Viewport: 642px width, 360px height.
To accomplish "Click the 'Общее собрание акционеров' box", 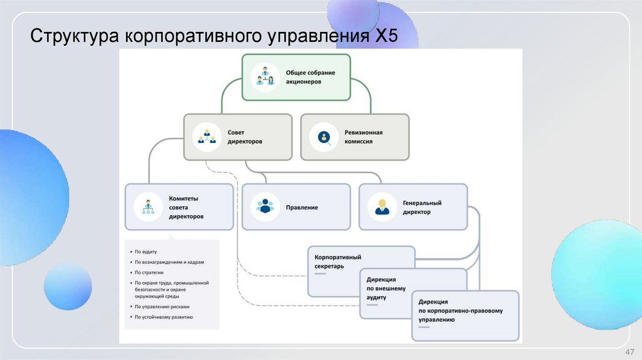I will (x=297, y=77).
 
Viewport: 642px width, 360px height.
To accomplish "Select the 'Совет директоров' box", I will (x=238, y=137).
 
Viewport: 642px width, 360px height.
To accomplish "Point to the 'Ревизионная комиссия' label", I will (x=363, y=137).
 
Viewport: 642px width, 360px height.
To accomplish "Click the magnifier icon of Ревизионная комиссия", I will (x=324, y=137).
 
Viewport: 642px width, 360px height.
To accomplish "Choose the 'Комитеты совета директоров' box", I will (x=179, y=206).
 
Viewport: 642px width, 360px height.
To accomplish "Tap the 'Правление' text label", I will (x=302, y=207).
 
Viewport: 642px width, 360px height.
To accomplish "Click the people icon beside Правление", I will (x=265, y=207).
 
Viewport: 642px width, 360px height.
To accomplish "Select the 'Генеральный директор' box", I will (x=413, y=207).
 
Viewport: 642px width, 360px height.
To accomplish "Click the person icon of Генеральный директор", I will (x=381, y=206).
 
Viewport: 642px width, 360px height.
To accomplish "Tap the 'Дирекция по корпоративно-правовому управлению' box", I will (x=465, y=315).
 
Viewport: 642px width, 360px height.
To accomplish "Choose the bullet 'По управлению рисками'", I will (x=162, y=307).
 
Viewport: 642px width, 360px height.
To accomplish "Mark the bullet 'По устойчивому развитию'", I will (x=164, y=317).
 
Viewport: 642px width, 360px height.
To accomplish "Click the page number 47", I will (x=630, y=351).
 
